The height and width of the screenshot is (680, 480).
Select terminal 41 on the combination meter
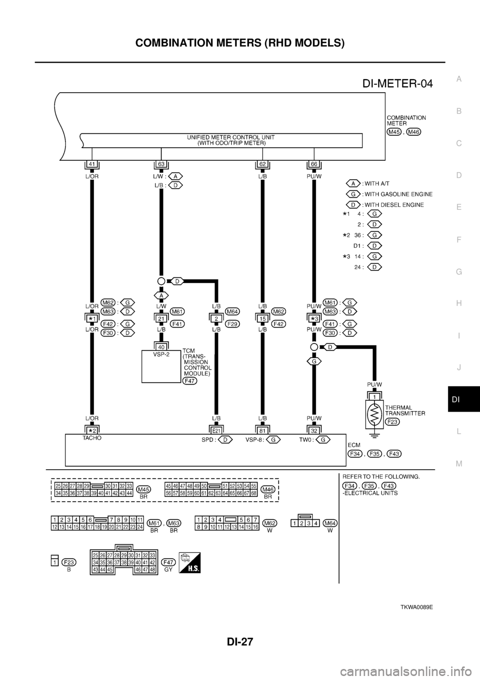coord(91,163)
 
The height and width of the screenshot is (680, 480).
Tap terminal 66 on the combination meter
coord(313,163)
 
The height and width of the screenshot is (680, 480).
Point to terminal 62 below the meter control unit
coord(261,163)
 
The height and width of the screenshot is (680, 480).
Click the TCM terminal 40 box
coord(161,347)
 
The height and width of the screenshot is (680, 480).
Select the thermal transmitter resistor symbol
coord(373,414)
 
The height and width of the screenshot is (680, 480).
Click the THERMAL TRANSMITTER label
coord(405,411)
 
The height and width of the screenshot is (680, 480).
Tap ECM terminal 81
coord(261,429)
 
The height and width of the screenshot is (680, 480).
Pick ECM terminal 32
coord(313,429)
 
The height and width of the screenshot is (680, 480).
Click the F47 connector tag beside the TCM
coord(189,381)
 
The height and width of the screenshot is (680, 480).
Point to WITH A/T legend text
coord(384,183)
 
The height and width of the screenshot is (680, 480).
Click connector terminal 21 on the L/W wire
coord(161,318)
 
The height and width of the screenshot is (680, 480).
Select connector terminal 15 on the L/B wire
coord(261,318)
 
